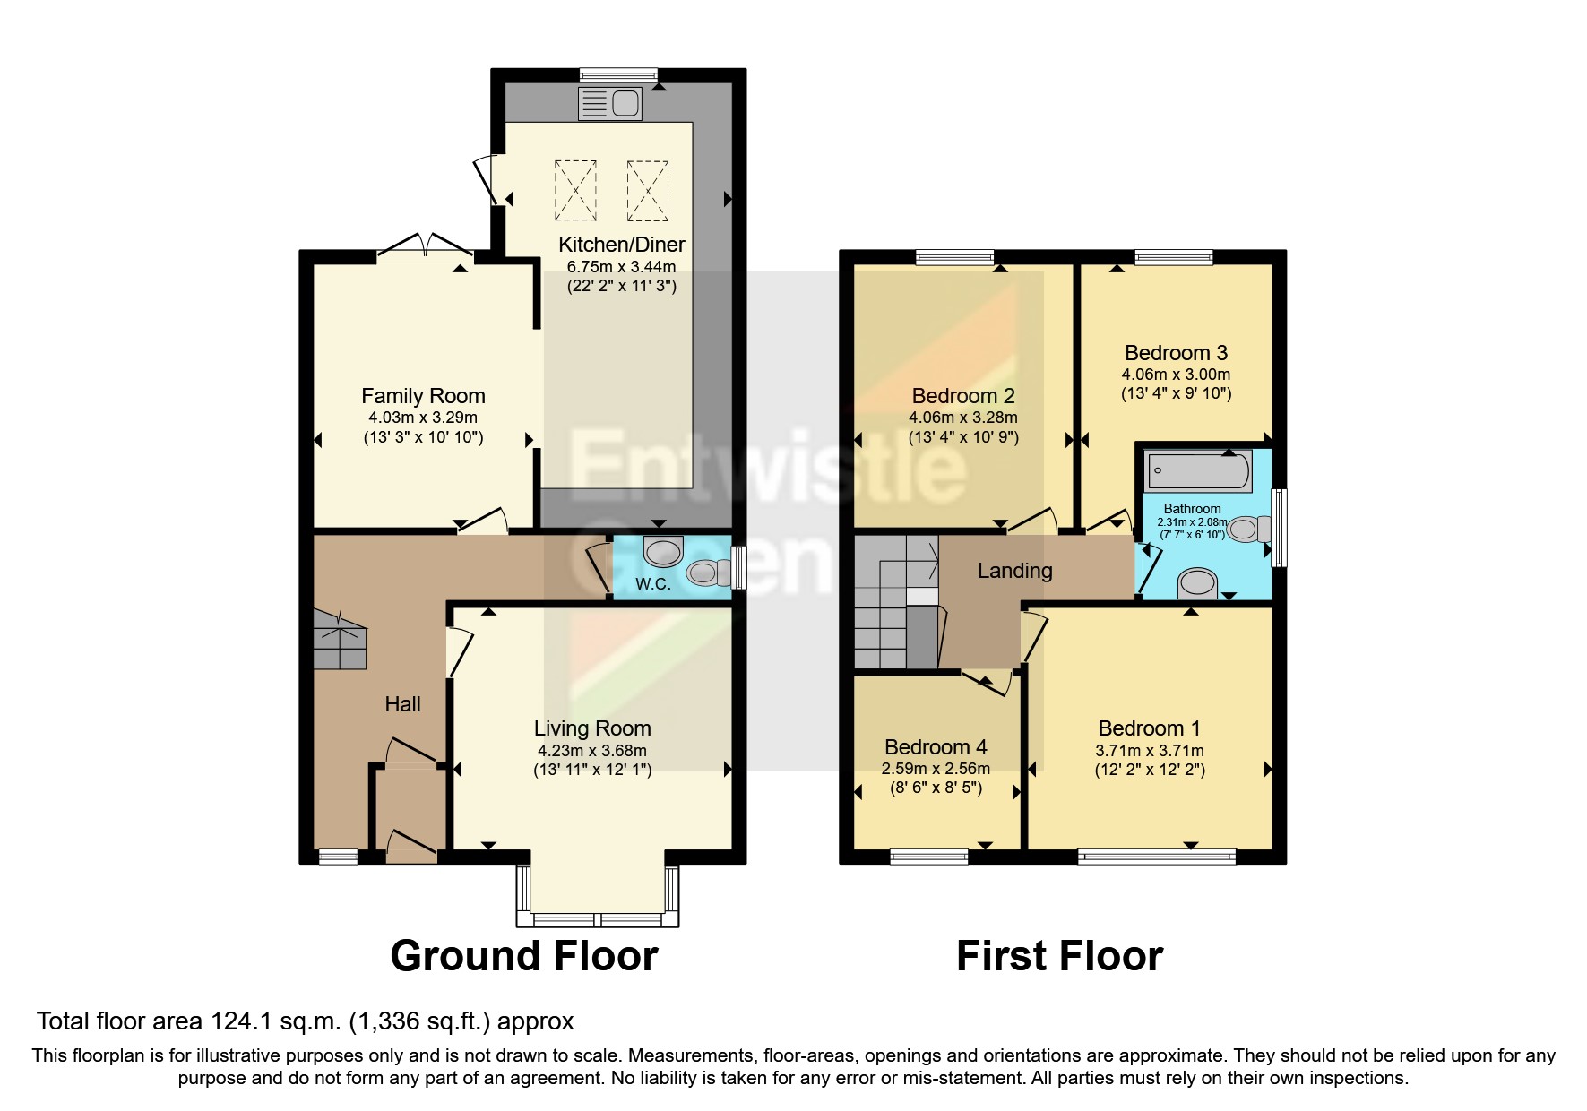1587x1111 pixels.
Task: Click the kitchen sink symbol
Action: point(610,104)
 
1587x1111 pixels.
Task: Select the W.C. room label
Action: point(652,584)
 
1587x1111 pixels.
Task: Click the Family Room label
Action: point(423,396)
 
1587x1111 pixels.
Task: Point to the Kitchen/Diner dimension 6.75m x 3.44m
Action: point(621,266)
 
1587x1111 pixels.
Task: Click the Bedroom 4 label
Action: point(936,747)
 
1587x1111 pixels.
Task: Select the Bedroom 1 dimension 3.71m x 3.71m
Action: point(1150,751)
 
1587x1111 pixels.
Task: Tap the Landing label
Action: point(1014,571)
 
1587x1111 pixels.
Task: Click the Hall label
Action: point(402,704)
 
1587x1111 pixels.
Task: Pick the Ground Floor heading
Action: point(524,956)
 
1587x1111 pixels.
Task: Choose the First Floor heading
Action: point(1059,956)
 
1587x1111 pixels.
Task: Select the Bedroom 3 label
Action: point(1176,353)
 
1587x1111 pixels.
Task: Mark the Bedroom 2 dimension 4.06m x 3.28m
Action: point(963,418)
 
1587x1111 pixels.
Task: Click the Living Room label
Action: point(592,728)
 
